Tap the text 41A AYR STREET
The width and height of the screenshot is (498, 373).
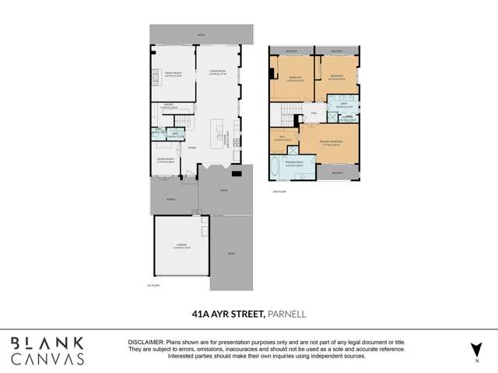[x=229, y=315]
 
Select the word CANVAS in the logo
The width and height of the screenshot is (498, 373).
[x=48, y=358]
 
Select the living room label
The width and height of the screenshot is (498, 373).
[x=216, y=75]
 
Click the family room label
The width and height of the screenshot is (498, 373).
[x=172, y=75]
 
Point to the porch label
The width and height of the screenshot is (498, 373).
[x=170, y=198]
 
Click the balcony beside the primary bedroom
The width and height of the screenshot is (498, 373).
[x=337, y=172]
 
